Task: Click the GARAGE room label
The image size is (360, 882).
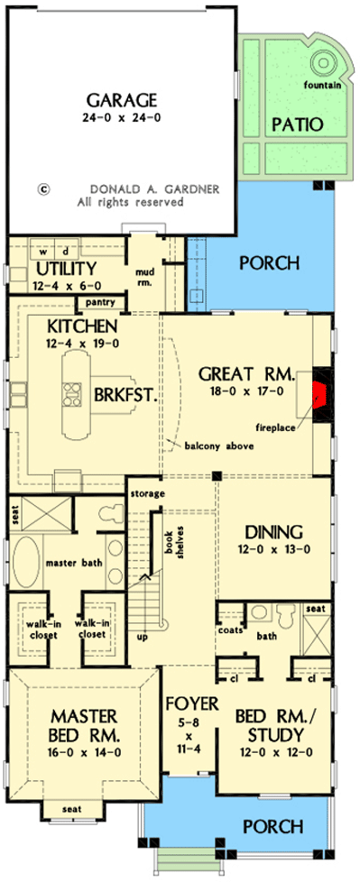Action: coord(122,99)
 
